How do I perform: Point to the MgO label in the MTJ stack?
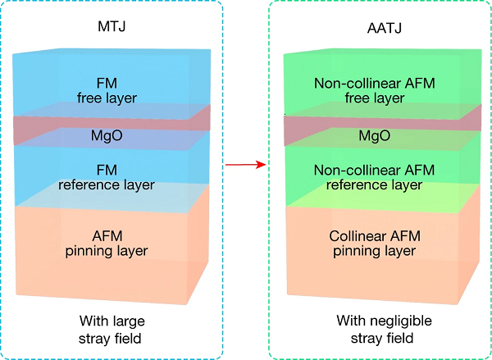coord(107,134)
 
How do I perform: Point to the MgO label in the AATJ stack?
coord(373,134)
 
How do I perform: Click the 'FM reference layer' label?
coord(107,177)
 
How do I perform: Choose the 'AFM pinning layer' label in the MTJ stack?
coord(107,244)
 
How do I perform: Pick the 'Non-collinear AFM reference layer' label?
coord(373,177)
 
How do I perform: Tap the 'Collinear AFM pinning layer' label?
coord(373,244)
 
